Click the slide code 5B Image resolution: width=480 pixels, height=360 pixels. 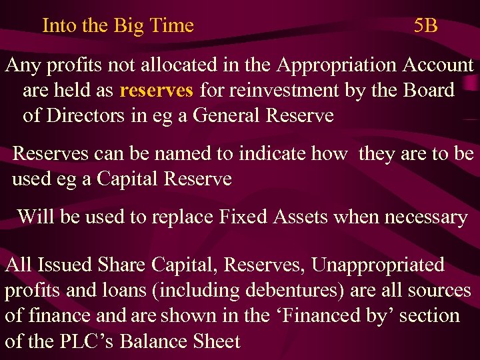point(425,26)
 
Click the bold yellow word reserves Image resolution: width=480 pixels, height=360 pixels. point(157,90)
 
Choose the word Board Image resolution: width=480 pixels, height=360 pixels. point(429,90)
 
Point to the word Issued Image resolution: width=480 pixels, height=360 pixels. point(63,265)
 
